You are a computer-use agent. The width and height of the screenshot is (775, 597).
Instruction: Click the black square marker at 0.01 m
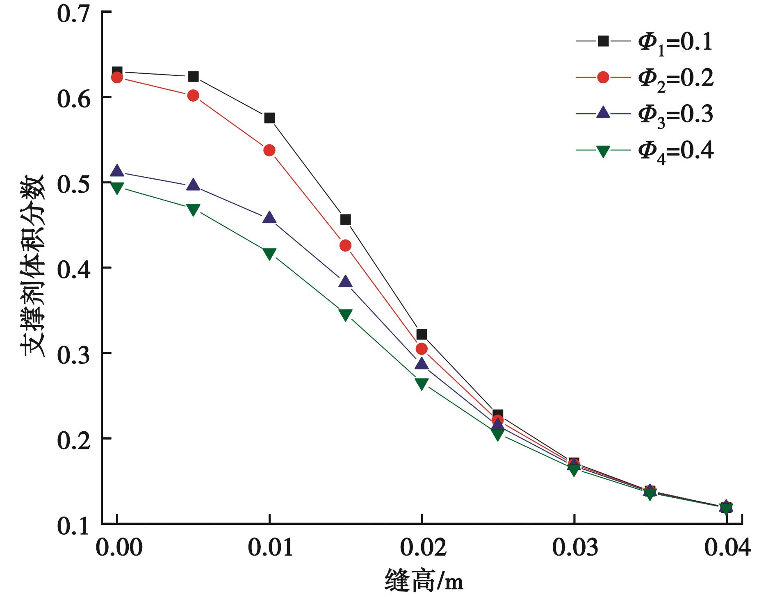coord(269,118)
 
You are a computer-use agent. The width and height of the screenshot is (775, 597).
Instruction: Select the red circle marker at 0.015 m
coord(346,246)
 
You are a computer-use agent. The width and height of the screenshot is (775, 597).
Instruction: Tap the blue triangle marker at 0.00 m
coord(117,171)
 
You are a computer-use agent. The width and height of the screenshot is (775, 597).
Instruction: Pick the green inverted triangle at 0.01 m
coord(269,253)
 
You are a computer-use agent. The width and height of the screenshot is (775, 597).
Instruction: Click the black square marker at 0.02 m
coord(422,335)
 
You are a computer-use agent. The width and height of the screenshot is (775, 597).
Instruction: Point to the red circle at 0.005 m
coord(193,96)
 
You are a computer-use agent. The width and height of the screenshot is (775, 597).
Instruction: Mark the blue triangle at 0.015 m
coord(346,282)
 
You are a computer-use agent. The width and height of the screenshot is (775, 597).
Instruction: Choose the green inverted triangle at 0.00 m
coord(117,188)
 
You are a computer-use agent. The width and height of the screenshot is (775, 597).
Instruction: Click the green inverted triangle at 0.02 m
coord(422,383)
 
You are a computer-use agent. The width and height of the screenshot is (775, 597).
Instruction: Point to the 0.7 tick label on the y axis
coord(73,14)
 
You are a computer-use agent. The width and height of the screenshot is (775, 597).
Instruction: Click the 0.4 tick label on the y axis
coord(73,268)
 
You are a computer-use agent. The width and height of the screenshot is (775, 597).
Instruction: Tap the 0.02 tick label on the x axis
coord(422,548)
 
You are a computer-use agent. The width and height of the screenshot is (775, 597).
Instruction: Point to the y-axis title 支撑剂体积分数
coord(33,267)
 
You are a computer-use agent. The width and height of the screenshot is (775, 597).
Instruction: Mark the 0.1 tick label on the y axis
coord(73,526)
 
